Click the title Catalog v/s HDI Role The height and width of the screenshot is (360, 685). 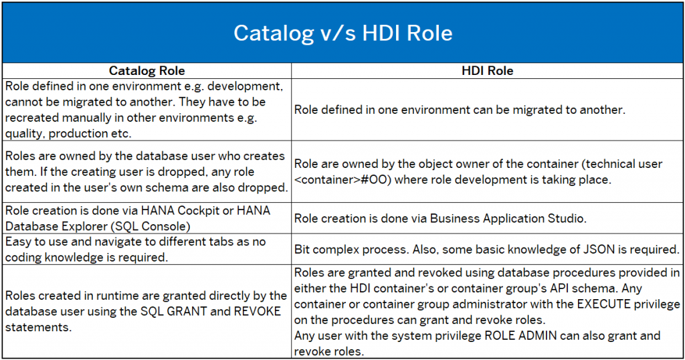343,33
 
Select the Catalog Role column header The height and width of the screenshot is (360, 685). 146,71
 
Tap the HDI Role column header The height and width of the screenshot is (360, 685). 488,71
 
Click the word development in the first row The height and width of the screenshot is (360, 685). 245,86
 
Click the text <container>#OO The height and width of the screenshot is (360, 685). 342,179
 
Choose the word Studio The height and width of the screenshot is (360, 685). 570,218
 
